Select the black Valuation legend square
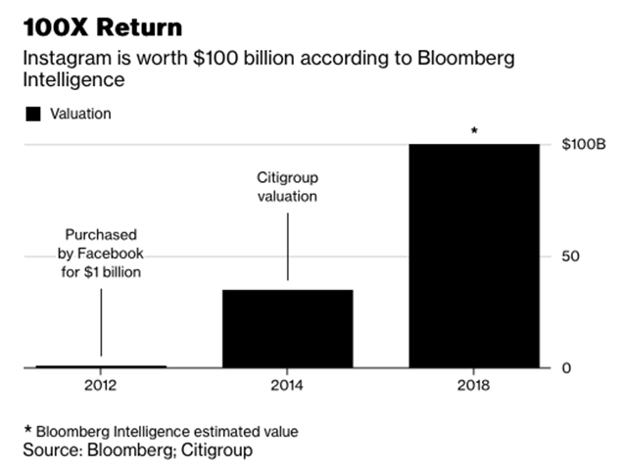pos(32,114)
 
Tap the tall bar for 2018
pos(473,256)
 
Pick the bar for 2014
pos(287,328)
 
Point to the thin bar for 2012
pos(101,366)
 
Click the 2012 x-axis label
pos(101,385)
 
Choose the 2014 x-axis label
pos(287,385)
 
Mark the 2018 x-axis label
pos(473,385)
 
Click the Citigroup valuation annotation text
pos(287,187)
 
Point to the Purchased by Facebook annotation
pos(101,254)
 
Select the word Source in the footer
pos(51,450)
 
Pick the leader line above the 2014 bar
pos(287,247)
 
